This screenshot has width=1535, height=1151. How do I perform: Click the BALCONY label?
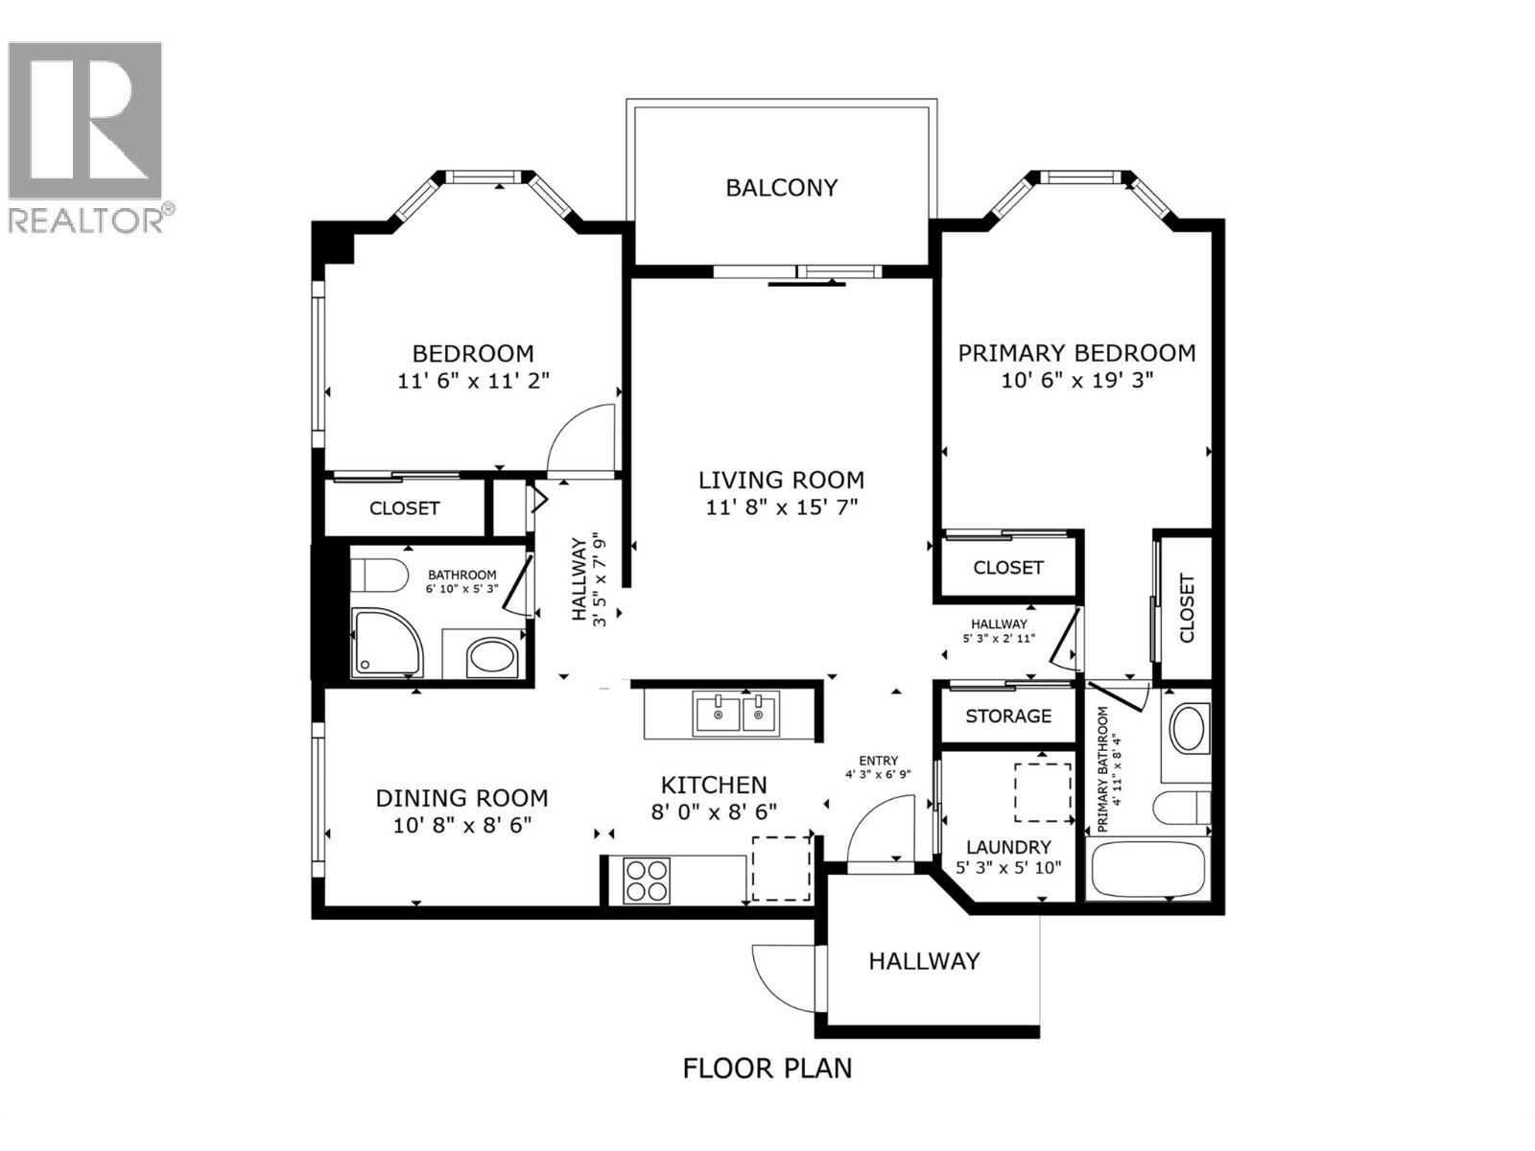[781, 188]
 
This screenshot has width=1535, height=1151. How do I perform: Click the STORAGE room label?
[1007, 716]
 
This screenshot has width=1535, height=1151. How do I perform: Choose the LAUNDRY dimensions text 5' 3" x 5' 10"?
[1007, 869]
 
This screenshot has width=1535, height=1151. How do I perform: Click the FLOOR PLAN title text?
[767, 1068]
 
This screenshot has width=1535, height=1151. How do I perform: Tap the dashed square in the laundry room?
[1043, 792]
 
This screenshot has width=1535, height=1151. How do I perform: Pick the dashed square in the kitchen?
[781, 868]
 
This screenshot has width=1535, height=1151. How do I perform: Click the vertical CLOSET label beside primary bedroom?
[1187, 609]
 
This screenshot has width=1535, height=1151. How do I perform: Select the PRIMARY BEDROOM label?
[1076, 353]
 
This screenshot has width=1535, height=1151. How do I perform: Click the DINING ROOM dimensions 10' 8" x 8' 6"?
[461, 825]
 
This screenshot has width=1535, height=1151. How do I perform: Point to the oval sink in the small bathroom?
[491, 658]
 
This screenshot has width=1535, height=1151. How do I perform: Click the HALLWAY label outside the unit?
[924, 961]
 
